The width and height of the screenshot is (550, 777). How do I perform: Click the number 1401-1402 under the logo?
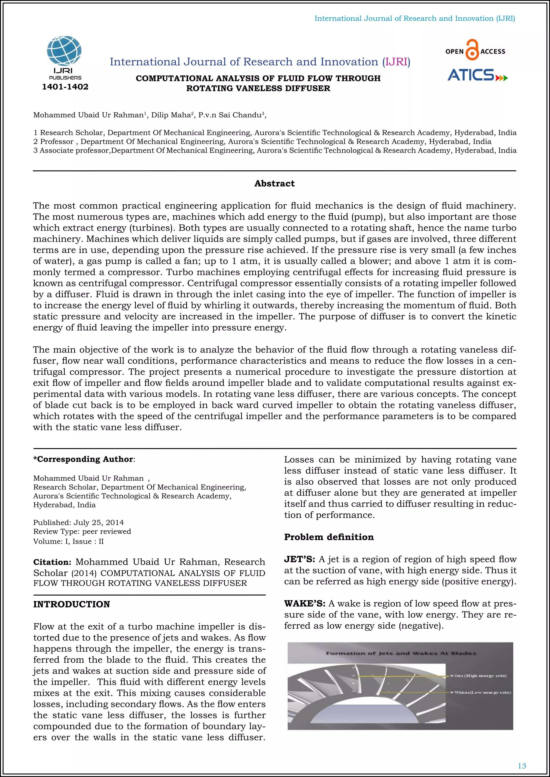(65, 87)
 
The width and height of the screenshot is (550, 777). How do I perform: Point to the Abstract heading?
(274, 184)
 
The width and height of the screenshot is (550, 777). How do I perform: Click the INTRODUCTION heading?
(71, 604)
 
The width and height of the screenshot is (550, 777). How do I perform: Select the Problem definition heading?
(329, 537)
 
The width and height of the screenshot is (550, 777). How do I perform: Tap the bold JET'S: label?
(299, 559)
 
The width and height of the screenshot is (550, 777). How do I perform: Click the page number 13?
(522, 766)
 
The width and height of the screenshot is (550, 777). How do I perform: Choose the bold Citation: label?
(52, 562)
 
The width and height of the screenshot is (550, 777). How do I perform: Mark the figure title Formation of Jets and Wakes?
(401, 653)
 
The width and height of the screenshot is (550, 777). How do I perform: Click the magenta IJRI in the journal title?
(396, 62)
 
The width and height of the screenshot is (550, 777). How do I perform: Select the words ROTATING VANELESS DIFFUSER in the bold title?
(258, 89)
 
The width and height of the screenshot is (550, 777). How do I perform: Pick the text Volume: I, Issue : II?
(68, 541)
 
